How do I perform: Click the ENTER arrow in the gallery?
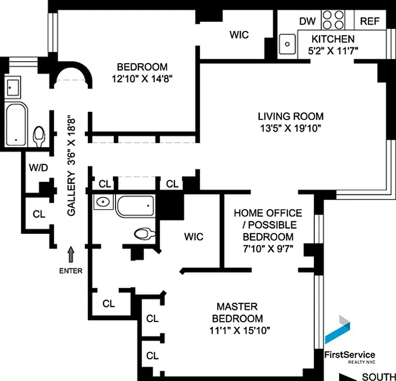click(71, 254)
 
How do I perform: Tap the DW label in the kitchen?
click(307, 21)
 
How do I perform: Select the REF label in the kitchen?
click(369, 21)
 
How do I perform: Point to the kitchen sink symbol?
click(287, 44)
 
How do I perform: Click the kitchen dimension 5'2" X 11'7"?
click(332, 50)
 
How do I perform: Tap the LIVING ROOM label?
click(290, 116)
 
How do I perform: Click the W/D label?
click(38, 168)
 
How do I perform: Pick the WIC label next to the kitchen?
click(239, 35)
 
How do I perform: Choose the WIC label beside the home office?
click(193, 237)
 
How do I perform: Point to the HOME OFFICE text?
click(268, 213)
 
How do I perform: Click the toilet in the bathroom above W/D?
click(39, 136)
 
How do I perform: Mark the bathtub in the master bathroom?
click(135, 206)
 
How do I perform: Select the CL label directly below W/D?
click(39, 214)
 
